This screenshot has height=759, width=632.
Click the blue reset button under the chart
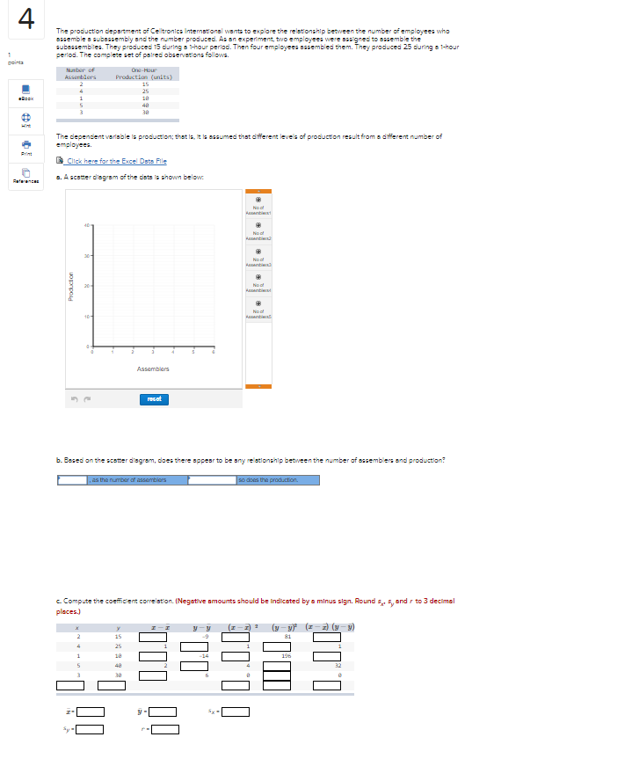click(x=152, y=398)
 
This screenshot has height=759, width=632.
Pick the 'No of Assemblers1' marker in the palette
click(x=258, y=199)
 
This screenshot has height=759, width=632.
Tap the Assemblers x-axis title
click(x=152, y=369)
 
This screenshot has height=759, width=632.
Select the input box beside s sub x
click(x=236, y=712)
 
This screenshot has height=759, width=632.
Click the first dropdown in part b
click(x=72, y=479)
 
